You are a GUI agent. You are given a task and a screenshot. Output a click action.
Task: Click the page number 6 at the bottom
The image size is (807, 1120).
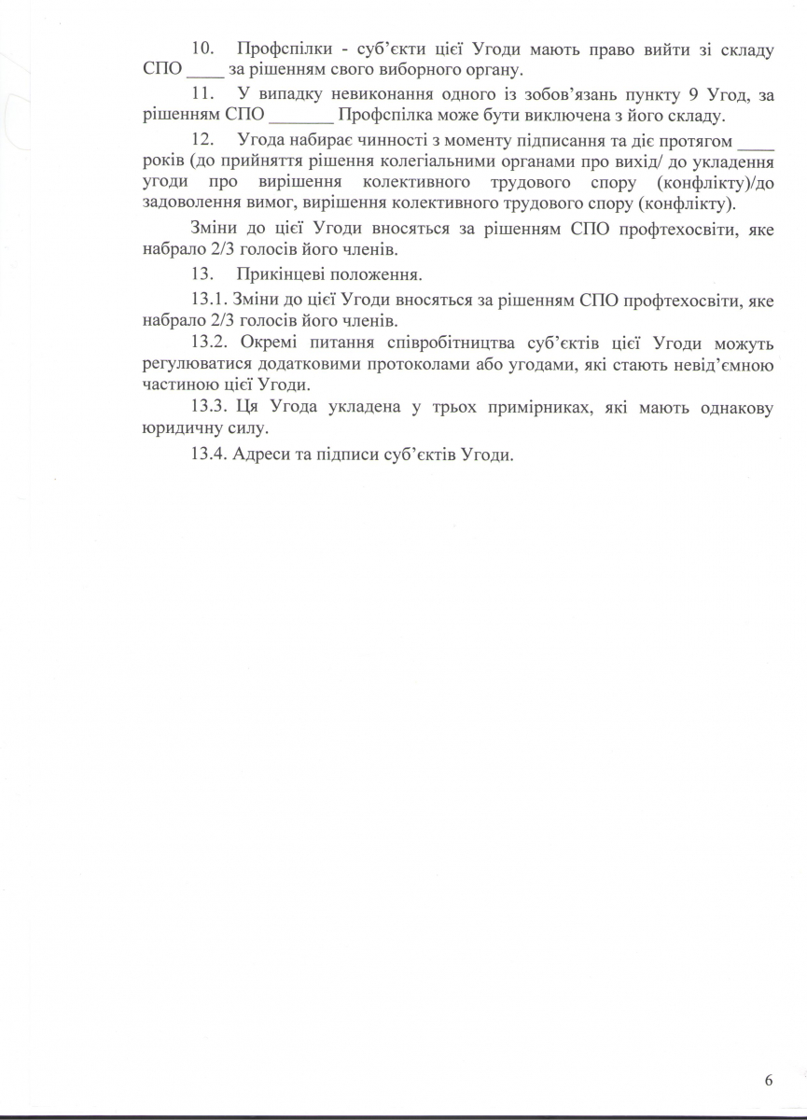(x=768, y=1081)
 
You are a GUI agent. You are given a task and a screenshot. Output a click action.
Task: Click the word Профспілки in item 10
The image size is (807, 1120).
(x=281, y=49)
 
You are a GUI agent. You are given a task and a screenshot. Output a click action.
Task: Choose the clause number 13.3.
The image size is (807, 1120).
(x=209, y=408)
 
